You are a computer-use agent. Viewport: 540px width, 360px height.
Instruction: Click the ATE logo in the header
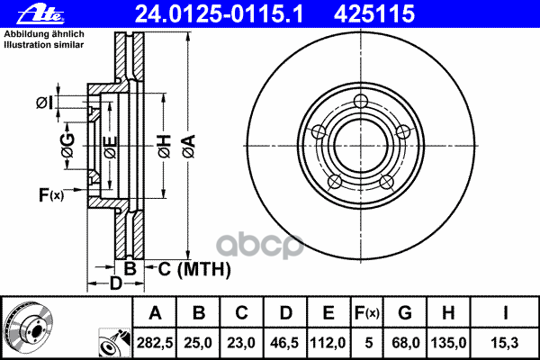click(40, 14)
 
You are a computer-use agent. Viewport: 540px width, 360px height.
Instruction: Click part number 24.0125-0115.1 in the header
click(219, 14)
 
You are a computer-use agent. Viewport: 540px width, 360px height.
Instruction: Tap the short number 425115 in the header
click(374, 14)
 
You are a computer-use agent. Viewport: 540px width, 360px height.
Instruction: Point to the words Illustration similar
click(44, 45)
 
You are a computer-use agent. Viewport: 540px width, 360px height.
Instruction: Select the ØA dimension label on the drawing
click(189, 147)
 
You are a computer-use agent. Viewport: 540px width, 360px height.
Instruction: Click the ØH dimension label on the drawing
click(165, 147)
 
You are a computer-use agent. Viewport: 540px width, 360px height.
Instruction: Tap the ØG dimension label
click(67, 145)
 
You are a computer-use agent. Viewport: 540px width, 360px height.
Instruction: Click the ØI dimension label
click(45, 103)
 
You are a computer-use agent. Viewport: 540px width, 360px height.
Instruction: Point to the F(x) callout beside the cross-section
click(51, 195)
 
